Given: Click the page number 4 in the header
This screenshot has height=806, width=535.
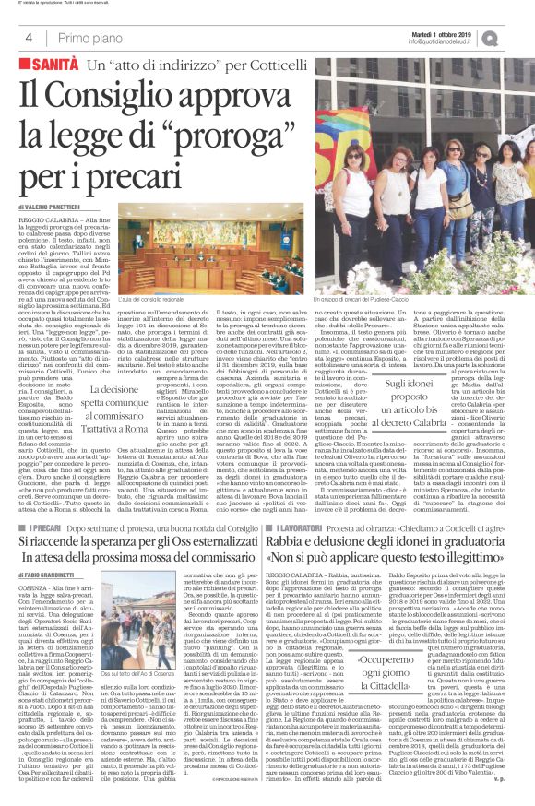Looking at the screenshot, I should (x=30, y=38).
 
